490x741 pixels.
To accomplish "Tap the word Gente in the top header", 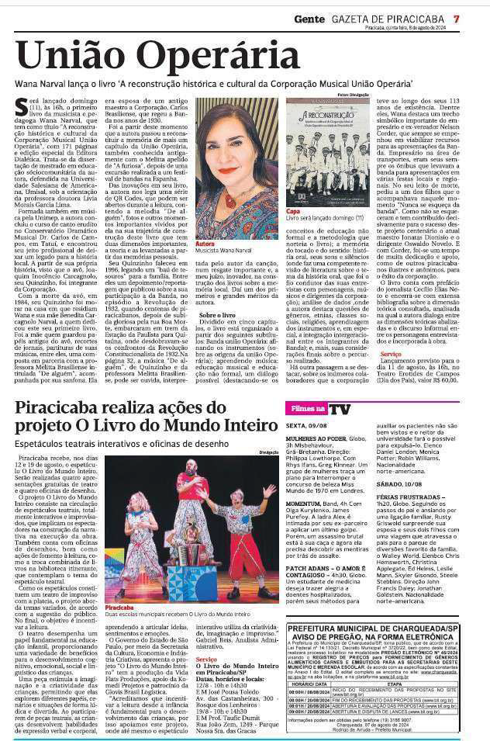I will pyautogui.click(x=309, y=18).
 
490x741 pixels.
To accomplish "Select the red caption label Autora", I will pyautogui.click(x=205, y=244).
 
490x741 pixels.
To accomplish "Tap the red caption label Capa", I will pyautogui.click(x=293, y=210).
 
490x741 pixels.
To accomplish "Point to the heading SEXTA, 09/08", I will pyautogui.click(x=306, y=427).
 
